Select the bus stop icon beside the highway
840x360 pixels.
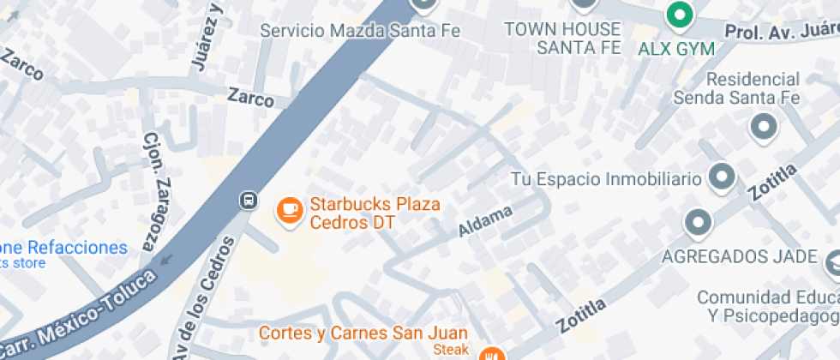coord(248,201)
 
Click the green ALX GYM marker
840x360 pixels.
coord(680,15)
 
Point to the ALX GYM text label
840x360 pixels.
coord(676,48)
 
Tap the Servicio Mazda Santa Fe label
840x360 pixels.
coord(360,31)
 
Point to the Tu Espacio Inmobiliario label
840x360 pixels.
coord(606,179)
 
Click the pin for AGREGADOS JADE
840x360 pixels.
coord(699,224)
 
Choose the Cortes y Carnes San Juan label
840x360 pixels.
coord(363,333)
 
